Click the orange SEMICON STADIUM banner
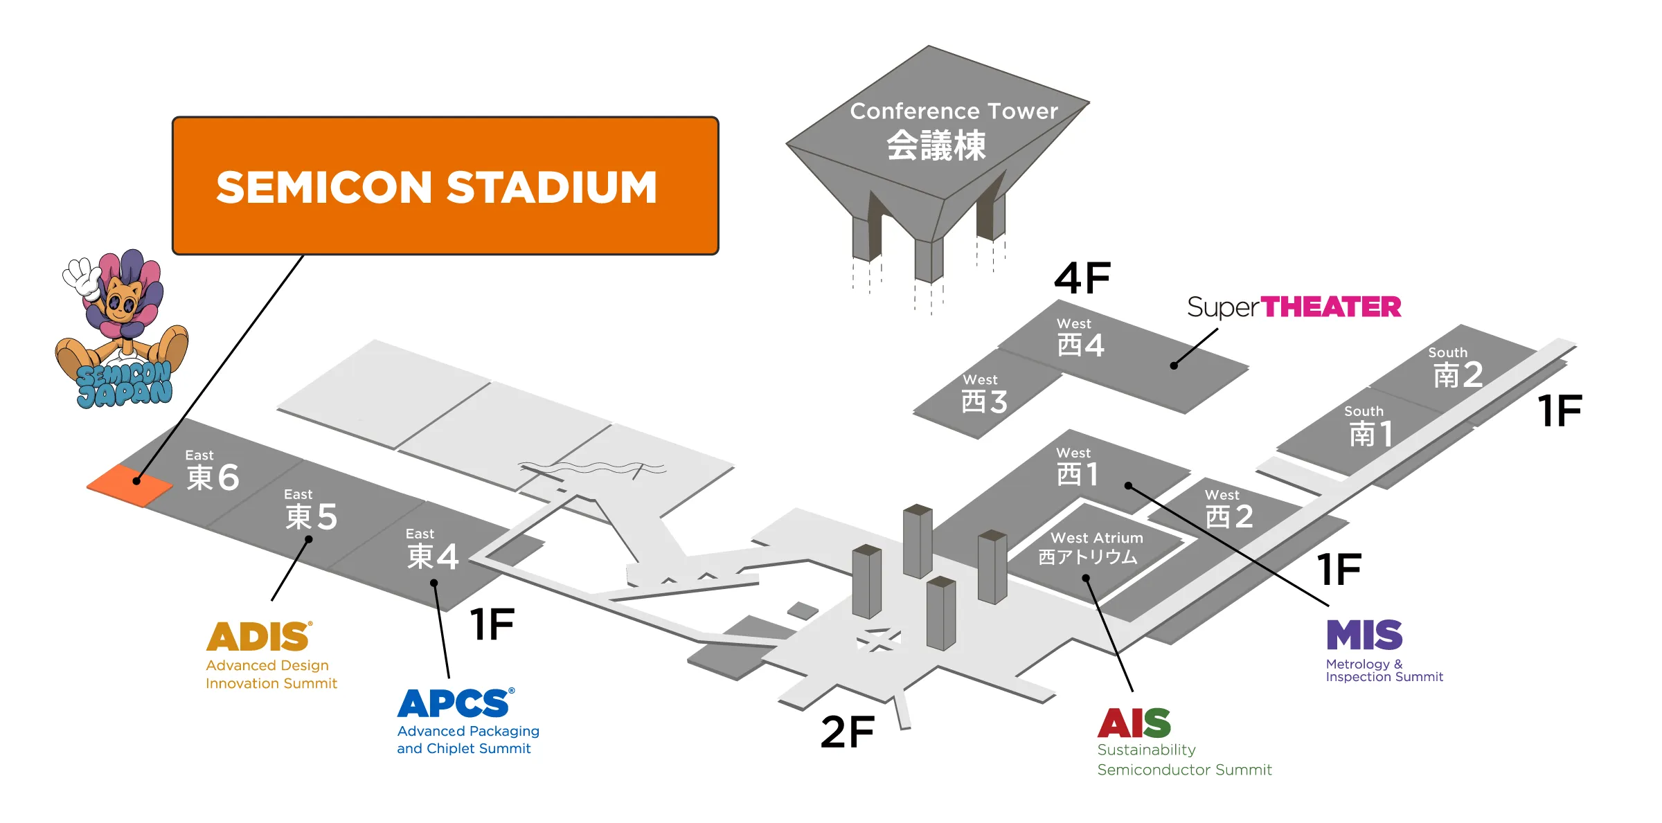click(x=445, y=186)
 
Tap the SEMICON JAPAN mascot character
click(x=121, y=329)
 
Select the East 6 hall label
click(x=212, y=471)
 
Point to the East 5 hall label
click(x=311, y=509)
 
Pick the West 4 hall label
click(x=1080, y=338)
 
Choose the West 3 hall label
click(x=984, y=394)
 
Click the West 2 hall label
click(x=1228, y=509)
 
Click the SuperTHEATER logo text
click(x=1294, y=307)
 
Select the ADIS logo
click(x=259, y=636)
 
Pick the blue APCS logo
click(x=456, y=703)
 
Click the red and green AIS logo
click(x=1134, y=723)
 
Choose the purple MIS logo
click(x=1364, y=635)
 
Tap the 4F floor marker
click(x=1082, y=278)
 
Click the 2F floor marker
click(x=848, y=732)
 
